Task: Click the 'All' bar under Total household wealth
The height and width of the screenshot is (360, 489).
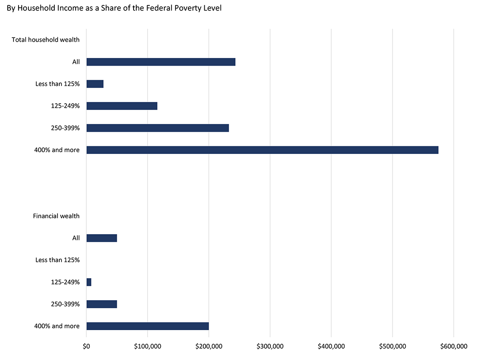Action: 161,62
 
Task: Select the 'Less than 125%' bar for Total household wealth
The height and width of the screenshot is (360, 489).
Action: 95,84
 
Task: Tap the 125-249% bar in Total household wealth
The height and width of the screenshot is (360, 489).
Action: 122,106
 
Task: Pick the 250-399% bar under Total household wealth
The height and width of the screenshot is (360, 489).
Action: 158,128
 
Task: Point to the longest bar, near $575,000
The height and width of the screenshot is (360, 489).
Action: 262,150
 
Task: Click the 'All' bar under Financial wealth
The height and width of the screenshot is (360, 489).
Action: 101,238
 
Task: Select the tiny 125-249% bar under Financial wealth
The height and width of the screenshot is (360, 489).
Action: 89,282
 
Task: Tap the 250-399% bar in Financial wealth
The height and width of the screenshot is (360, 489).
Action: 101,304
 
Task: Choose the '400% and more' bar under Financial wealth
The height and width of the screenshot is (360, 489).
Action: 148,326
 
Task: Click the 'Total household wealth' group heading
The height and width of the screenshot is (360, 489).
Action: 45,40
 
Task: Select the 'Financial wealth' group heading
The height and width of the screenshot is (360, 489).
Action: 56,216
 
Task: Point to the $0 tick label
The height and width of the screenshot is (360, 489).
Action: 86,346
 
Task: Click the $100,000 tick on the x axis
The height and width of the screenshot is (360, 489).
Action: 148,346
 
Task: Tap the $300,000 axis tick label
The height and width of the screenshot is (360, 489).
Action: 270,346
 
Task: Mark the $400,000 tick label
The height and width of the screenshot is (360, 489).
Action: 331,346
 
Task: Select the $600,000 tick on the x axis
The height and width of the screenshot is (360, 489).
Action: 454,346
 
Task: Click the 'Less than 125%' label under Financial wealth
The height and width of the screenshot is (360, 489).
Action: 58,260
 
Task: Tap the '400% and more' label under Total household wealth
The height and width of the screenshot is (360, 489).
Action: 57,150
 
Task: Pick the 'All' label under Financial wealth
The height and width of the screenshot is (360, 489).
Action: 76,238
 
